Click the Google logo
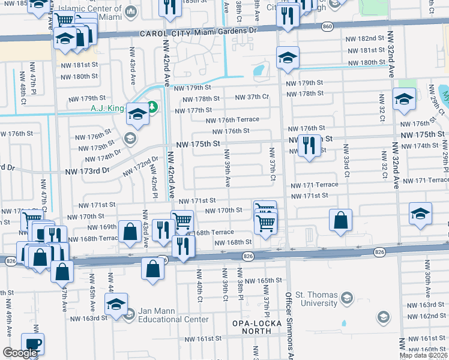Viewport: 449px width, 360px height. pos(19,353)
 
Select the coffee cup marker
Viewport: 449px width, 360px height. pos(32,344)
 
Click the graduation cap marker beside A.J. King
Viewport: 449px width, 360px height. pos(137,116)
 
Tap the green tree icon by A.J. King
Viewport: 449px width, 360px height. pos(152,107)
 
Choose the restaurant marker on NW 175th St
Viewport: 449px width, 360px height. pos(310,146)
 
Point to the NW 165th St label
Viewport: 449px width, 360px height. pos(267,280)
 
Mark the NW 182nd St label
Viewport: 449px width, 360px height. pos(365,38)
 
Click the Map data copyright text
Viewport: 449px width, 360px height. pos(423,355)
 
